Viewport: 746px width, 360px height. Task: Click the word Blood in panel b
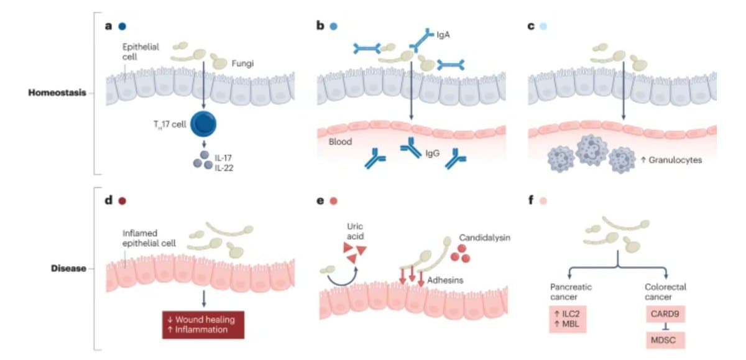[340, 142]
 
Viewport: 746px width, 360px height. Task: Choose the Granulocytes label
[675, 160]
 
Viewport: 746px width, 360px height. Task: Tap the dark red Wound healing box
[205, 324]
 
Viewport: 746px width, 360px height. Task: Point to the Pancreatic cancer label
[571, 292]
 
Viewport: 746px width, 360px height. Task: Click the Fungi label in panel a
[243, 63]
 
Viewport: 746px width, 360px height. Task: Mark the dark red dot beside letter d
[122, 201]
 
